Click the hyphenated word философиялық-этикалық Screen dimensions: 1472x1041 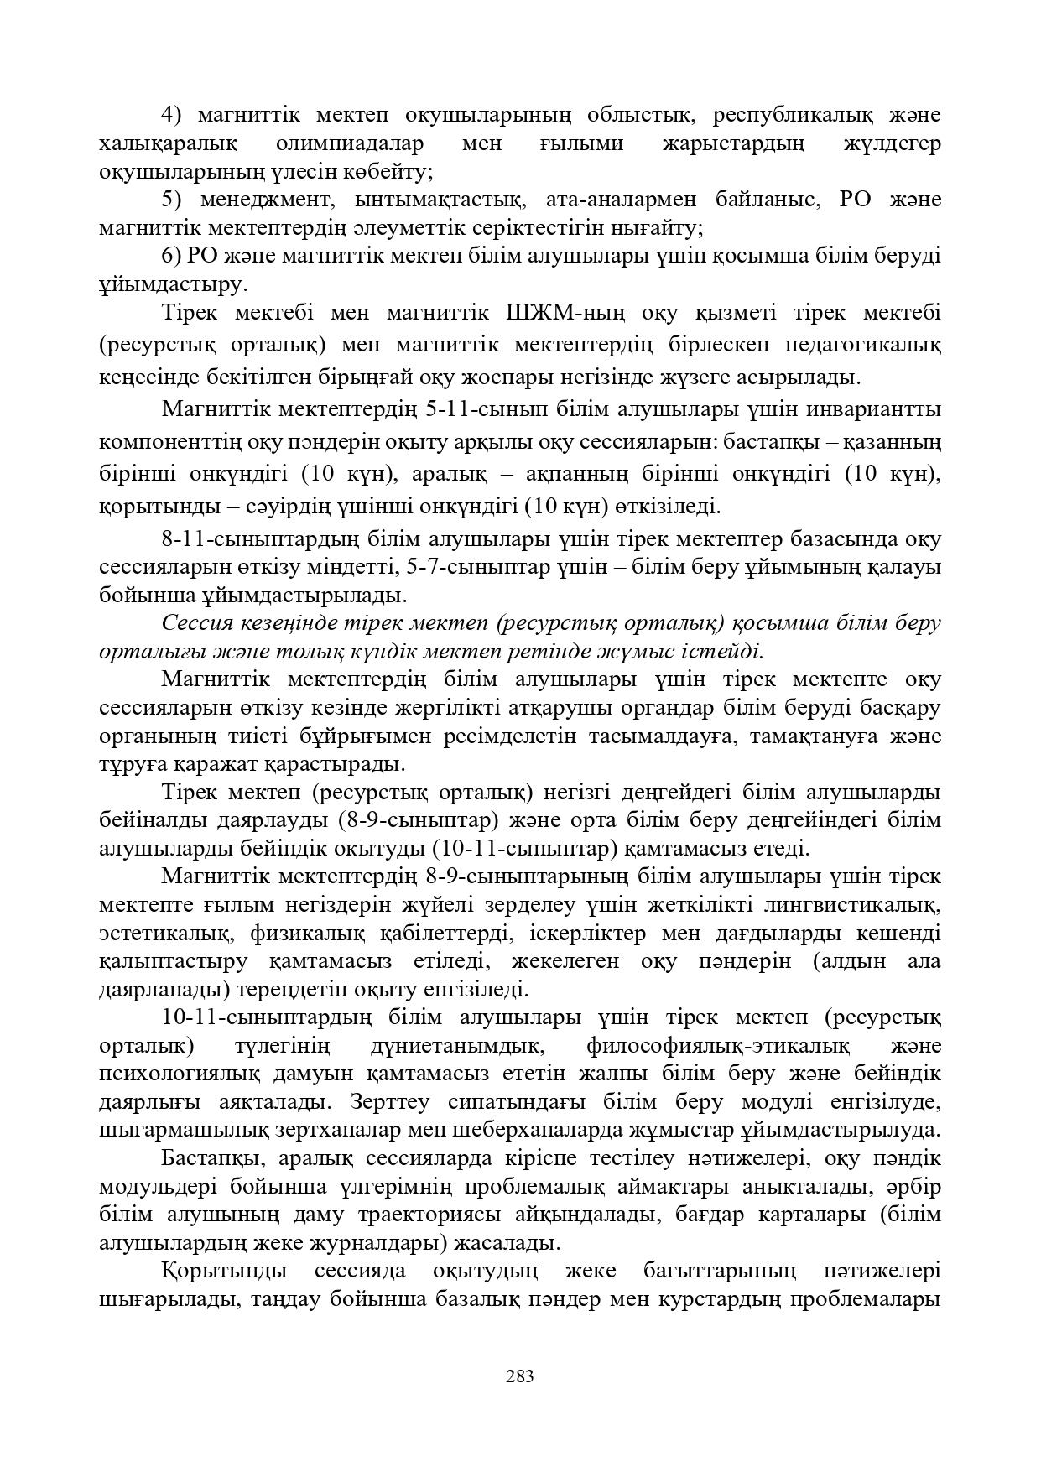[x=718, y=1046]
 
